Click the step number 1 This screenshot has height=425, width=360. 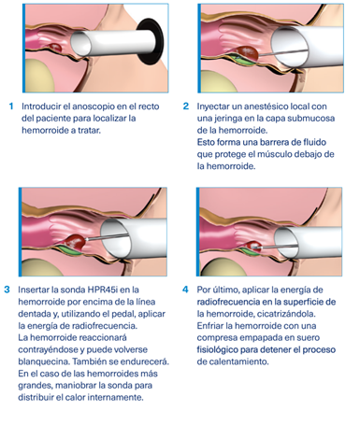tap(11, 106)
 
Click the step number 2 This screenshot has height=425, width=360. tap(186, 106)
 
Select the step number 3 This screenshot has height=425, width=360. tap(7, 290)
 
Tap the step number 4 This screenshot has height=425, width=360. tap(185, 290)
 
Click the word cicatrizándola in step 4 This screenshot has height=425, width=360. tap(286, 314)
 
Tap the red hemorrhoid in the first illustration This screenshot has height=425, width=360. tap(55, 48)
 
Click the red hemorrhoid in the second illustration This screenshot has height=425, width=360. tap(247, 53)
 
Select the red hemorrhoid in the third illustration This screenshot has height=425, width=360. tap(75, 242)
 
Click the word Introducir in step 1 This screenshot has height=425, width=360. tap(41, 106)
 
